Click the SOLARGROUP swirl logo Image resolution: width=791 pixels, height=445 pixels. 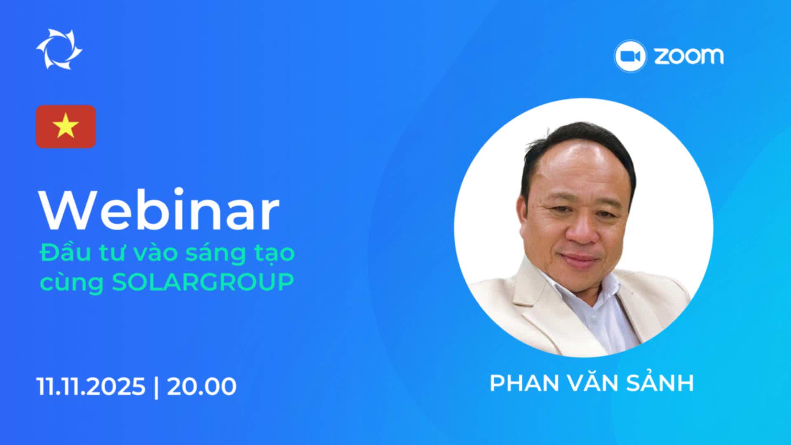[59, 49]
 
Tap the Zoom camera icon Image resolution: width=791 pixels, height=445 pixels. [630, 56]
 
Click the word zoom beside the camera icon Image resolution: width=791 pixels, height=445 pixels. [689, 56]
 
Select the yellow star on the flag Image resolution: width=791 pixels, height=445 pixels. [66, 126]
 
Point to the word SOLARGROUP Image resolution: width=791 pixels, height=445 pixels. [203, 282]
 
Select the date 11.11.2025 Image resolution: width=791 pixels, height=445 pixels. [91, 386]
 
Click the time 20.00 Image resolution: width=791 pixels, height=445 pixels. [201, 386]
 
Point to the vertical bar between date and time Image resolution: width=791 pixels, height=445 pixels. [156, 386]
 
